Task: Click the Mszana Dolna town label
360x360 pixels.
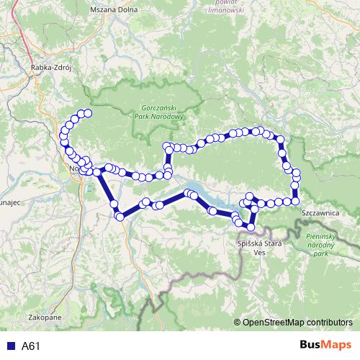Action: click(x=114, y=11)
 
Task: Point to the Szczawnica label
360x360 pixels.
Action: click(x=320, y=213)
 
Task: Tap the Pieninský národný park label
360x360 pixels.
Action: click(x=327, y=245)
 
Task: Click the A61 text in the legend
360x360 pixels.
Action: click(x=30, y=346)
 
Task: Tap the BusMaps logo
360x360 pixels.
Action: click(x=325, y=346)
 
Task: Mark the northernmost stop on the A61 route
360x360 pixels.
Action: click(x=88, y=112)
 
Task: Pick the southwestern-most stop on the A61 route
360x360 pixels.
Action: click(x=120, y=216)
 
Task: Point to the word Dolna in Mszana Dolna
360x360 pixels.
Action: click(x=127, y=11)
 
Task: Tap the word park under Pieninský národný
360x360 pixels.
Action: click(x=330, y=254)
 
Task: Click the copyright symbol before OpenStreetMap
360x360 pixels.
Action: click(x=238, y=322)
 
